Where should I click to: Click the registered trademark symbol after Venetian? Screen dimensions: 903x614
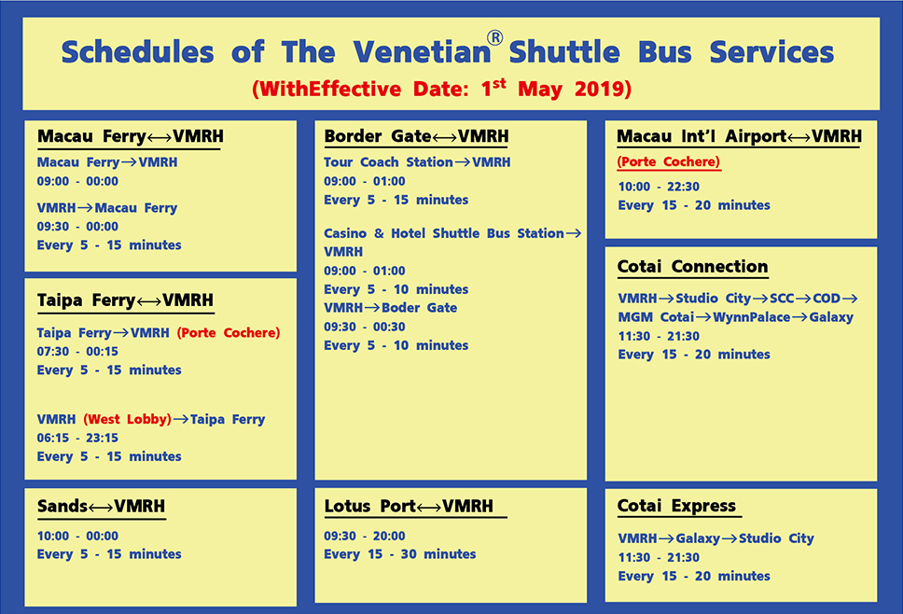pyautogui.click(x=494, y=38)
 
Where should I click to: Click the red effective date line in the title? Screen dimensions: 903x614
pyautogui.click(x=442, y=89)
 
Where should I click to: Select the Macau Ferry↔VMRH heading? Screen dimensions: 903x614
pyautogui.click(x=131, y=136)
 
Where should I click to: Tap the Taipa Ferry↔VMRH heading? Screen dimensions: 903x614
pyautogui.click(x=126, y=300)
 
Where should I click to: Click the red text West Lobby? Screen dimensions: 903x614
pyautogui.click(x=127, y=419)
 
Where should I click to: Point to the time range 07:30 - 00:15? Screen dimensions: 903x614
pyautogui.click(x=77, y=352)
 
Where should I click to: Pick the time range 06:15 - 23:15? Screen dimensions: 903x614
pyautogui.click(x=77, y=438)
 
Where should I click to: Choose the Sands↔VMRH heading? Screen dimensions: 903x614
pyautogui.click(x=102, y=507)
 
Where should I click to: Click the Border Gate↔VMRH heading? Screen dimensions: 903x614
pyautogui.click(x=416, y=136)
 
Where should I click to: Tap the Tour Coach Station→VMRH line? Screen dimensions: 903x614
pyautogui.click(x=417, y=162)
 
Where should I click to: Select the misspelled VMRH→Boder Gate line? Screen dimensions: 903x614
pyautogui.click(x=391, y=308)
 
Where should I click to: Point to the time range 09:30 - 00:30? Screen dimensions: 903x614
pyautogui.click(x=365, y=327)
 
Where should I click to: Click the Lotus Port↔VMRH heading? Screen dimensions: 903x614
pyautogui.click(x=409, y=507)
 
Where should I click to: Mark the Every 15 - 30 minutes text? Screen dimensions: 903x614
pyautogui.click(x=399, y=554)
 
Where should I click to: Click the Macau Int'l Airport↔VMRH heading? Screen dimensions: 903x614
pyautogui.click(x=740, y=136)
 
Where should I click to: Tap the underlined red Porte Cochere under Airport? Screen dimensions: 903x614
pyautogui.click(x=669, y=161)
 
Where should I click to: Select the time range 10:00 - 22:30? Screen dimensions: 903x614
pyautogui.click(x=659, y=187)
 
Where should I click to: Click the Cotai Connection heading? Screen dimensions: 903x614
pyautogui.click(x=693, y=267)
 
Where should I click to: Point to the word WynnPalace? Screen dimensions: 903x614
pyautogui.click(x=752, y=317)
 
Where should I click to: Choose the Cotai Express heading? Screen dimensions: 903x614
pyautogui.click(x=676, y=507)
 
